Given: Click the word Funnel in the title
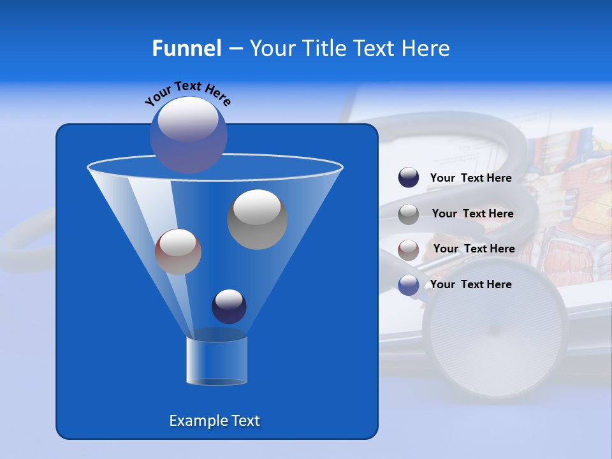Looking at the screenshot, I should click(x=186, y=48).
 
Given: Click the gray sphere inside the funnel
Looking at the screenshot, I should click(x=258, y=219).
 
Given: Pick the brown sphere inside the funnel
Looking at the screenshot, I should click(x=178, y=252).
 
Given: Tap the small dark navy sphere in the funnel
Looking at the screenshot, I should click(x=229, y=306).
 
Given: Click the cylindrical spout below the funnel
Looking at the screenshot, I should click(x=217, y=360).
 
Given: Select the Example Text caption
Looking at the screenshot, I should click(x=215, y=421).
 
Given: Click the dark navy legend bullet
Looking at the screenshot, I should click(x=409, y=178).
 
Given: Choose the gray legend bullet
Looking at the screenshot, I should click(x=409, y=214).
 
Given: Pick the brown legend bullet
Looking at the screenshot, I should click(x=409, y=250).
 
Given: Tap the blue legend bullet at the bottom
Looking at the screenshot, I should click(x=409, y=285).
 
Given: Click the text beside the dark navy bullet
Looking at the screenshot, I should click(x=470, y=178).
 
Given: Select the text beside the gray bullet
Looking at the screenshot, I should click(x=472, y=214).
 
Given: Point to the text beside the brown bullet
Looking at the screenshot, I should click(x=474, y=249).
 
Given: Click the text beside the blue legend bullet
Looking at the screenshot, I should click(x=470, y=284).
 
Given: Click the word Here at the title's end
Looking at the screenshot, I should click(x=426, y=48).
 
